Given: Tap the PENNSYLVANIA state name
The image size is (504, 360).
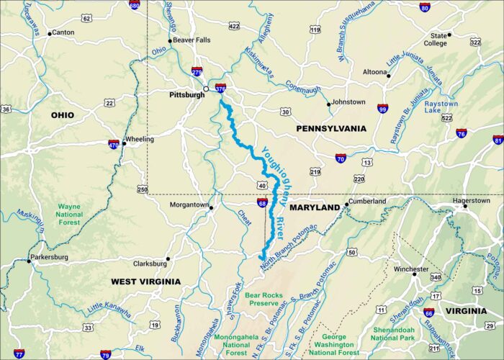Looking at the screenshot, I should pos(331,128).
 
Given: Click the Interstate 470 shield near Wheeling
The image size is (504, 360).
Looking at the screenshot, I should pos(114,145).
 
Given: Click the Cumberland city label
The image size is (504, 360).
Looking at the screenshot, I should pos(368,202).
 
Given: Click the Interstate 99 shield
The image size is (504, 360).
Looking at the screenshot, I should pos(383,109).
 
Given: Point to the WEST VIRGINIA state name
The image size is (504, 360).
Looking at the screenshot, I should pos(145,282).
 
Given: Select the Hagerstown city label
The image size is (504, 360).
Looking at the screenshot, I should pos(471,201).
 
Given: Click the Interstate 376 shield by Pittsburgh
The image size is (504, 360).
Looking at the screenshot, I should pos(220,89).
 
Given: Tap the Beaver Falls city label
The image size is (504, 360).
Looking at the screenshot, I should pos(192,40).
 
